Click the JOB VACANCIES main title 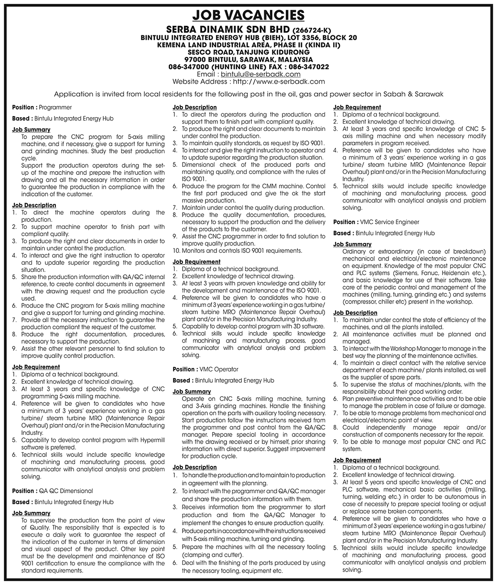[x=248, y=15]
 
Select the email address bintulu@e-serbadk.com [x=261, y=74]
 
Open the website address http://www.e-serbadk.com [x=278, y=82]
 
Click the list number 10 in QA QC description [x=176, y=250]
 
